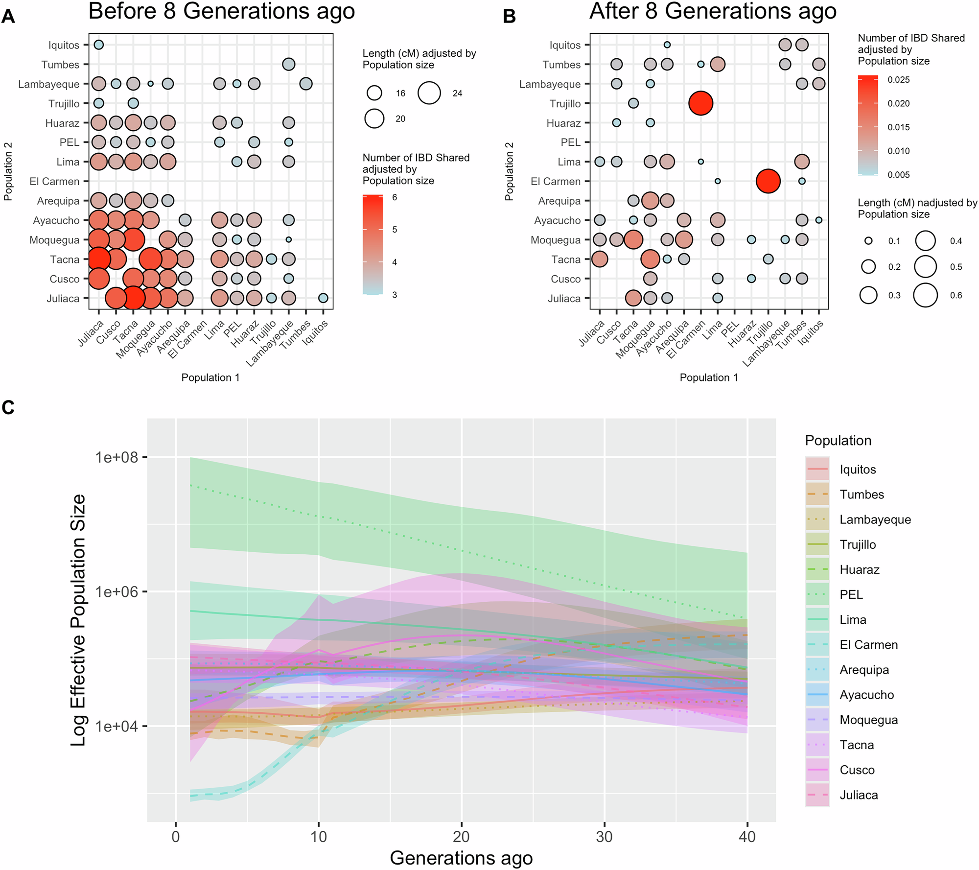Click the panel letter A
(8, 17)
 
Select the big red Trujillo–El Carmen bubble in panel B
(700, 103)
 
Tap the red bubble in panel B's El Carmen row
(768, 181)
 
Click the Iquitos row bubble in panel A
(98, 45)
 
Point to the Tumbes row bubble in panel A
(289, 64)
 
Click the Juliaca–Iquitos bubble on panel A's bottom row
(323, 298)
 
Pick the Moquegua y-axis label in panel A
(54, 240)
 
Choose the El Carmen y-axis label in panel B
(555, 182)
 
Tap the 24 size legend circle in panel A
(429, 93)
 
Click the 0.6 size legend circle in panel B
(925, 295)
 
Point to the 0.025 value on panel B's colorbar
(899, 80)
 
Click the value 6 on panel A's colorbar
(395, 198)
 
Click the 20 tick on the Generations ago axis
(461, 836)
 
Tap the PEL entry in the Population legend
(851, 595)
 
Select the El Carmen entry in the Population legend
(868, 645)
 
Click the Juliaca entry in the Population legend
(859, 795)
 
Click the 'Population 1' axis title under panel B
(708, 377)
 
